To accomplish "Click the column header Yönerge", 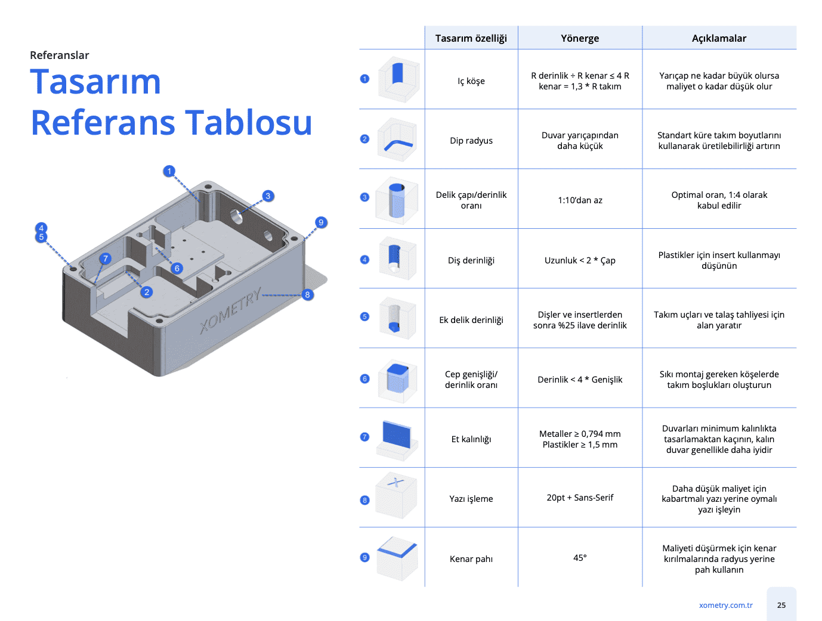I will click(580, 38).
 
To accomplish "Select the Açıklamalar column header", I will click(719, 38).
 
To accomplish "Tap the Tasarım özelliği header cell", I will click(471, 38).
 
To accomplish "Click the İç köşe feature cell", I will click(471, 81).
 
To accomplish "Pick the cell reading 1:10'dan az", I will click(580, 200).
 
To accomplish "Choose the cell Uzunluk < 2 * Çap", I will click(580, 260).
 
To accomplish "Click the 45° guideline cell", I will click(580, 558).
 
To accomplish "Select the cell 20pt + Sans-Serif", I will click(580, 498).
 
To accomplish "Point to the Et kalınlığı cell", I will click(471, 439).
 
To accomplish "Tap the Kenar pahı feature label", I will click(471, 559).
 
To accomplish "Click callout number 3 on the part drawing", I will click(268, 196).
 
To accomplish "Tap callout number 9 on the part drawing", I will click(321, 222).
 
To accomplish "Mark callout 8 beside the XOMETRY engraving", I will click(307, 294).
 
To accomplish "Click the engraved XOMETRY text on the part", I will click(230, 310).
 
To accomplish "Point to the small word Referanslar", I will click(59, 55).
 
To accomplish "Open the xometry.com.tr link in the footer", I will click(725, 606).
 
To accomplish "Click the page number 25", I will click(781, 606).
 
